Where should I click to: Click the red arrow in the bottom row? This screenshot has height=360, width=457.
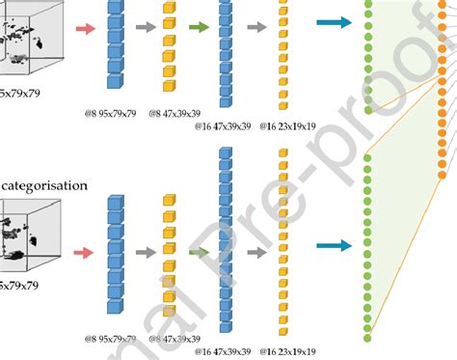click(84, 254)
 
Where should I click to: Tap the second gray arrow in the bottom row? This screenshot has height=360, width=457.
click(256, 253)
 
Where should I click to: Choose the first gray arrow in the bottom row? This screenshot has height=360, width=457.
click(144, 254)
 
